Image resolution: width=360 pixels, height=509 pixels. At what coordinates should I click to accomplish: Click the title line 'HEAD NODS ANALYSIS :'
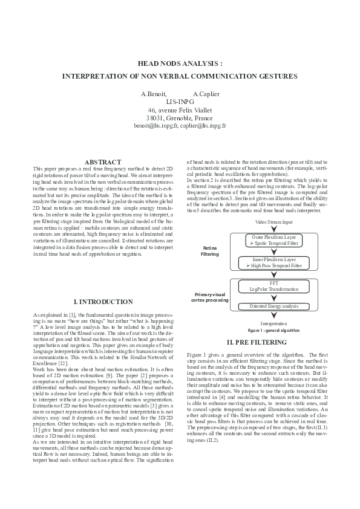click(180, 62)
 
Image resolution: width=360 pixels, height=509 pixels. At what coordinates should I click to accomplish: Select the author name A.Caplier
click(206, 94)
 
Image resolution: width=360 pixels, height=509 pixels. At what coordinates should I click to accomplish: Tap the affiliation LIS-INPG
click(180, 102)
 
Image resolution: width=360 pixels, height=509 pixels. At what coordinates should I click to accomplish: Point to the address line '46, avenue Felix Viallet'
click(180, 110)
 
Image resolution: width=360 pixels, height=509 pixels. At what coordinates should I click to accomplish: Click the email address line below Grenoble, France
click(180, 126)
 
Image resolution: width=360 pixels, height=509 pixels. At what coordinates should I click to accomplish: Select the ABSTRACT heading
click(103, 162)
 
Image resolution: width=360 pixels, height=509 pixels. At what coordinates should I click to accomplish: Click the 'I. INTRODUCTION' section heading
click(103, 301)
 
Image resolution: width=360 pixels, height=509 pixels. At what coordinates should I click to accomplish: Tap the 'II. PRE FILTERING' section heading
click(257, 342)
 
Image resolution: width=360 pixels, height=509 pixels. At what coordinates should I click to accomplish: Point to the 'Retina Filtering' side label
click(210, 251)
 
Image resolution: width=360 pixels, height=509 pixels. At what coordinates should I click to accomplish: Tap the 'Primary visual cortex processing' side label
click(209, 297)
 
